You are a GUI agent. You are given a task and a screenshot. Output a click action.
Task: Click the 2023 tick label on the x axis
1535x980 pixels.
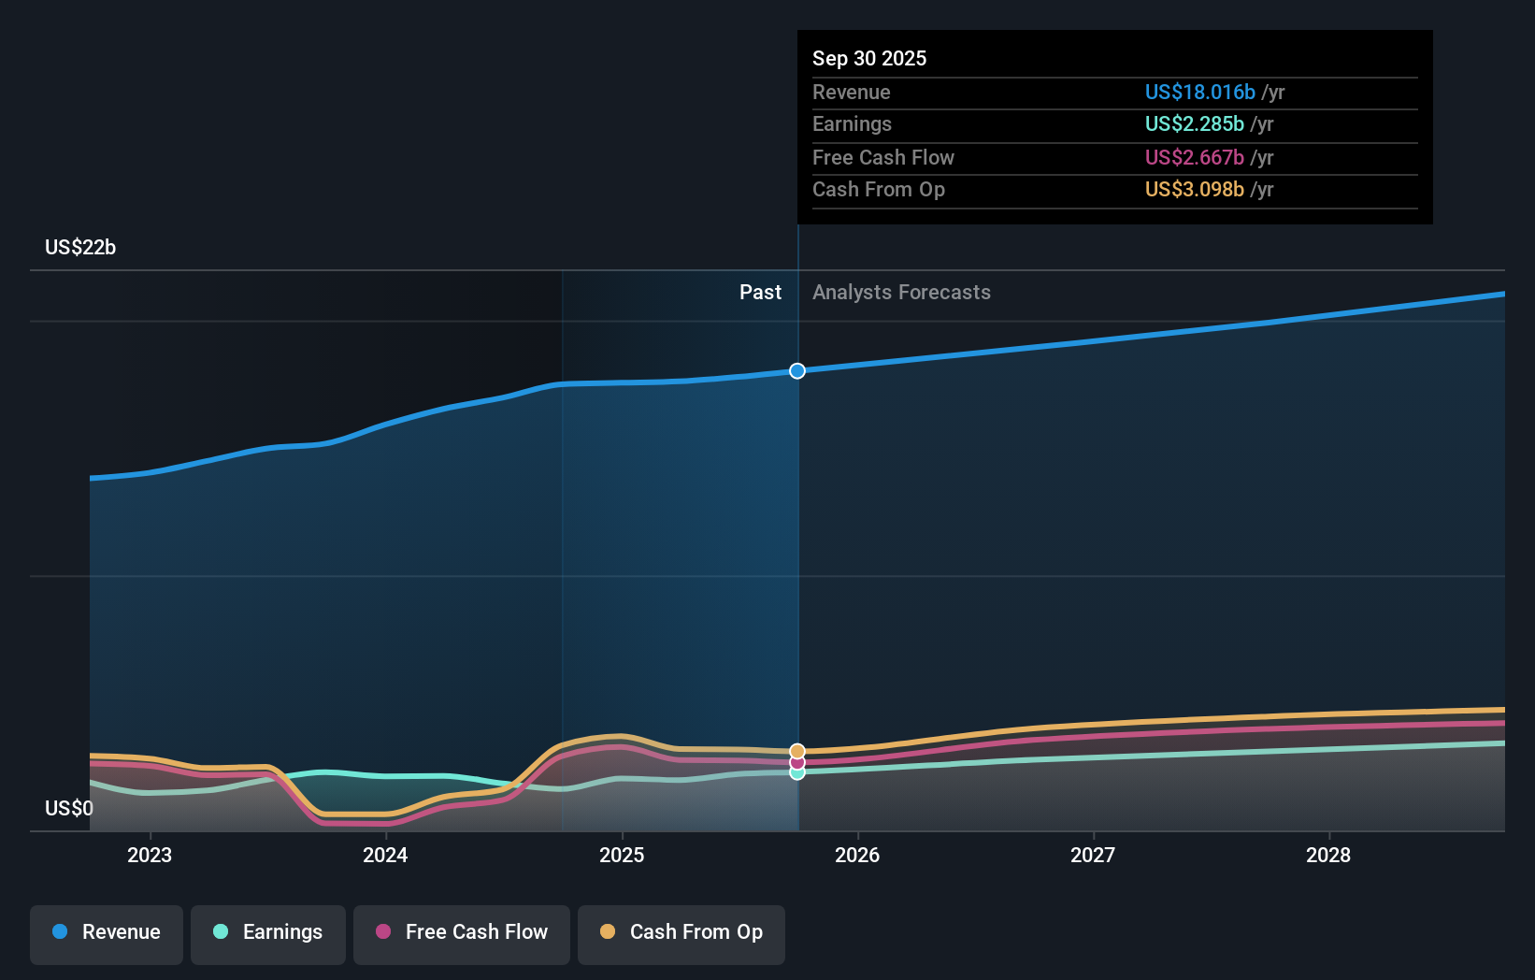[150, 855]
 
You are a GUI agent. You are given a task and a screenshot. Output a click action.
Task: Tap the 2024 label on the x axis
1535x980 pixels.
[385, 855]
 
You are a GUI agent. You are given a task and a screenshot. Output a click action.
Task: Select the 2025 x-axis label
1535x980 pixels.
[622, 855]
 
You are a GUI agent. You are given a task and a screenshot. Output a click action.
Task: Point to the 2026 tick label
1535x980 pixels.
[857, 855]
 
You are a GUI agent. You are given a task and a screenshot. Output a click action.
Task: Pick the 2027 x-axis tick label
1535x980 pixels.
[1093, 855]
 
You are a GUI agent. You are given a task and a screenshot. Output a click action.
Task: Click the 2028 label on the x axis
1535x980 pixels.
[1328, 855]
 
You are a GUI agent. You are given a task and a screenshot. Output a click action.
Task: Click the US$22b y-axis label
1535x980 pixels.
[80, 247]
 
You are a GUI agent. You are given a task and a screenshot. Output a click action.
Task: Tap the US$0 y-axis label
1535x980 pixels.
[69, 808]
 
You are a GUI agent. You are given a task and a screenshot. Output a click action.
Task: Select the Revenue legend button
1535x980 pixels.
[107, 932]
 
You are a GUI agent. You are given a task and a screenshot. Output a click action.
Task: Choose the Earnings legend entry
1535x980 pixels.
[268, 932]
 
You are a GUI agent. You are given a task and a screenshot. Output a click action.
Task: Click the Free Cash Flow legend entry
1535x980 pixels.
[462, 932]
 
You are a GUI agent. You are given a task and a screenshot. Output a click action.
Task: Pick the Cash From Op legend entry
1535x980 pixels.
[681, 932]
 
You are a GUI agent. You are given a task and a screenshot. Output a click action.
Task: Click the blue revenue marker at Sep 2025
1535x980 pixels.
[797, 371]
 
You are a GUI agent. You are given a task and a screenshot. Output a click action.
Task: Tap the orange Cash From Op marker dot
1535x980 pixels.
[797, 751]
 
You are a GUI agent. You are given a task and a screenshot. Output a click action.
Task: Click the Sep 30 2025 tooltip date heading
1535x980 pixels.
[869, 58]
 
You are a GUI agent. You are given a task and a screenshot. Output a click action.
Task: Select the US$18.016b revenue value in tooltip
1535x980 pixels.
[1199, 92]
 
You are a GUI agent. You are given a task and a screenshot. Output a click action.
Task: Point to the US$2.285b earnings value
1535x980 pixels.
[1194, 123]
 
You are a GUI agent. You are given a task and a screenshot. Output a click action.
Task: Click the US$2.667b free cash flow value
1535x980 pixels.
[1194, 157]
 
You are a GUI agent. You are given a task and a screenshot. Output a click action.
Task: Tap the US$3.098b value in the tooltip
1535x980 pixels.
[1194, 189]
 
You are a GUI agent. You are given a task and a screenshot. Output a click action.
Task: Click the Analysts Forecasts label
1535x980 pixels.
[901, 292]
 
